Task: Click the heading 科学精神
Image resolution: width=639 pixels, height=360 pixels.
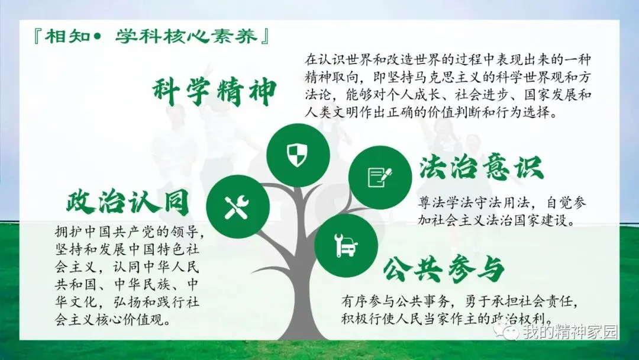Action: coord(215,92)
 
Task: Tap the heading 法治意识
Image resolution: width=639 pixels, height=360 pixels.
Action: coord(482,168)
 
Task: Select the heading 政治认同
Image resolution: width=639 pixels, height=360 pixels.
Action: coord(128,202)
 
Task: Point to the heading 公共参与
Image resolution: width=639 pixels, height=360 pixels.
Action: coord(444,269)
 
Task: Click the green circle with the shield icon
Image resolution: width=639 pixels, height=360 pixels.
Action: coord(298,155)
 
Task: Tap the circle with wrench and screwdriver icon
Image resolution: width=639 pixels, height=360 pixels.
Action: coord(238,207)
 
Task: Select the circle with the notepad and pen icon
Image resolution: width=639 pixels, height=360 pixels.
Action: coord(380,178)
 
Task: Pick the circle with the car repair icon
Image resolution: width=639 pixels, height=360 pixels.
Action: coord(346,246)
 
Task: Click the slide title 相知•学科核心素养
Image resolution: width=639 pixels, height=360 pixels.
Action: coord(151,37)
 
